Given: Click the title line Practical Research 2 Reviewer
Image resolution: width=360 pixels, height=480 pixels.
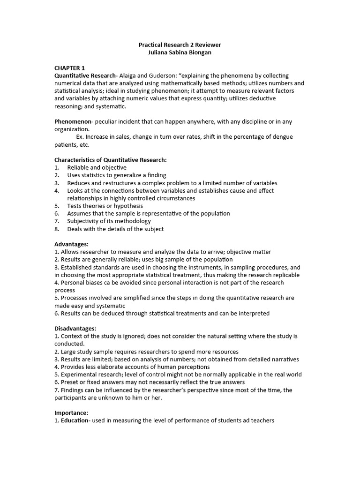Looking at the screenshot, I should (180, 45).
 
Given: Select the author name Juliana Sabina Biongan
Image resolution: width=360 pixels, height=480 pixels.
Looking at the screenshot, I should (180, 52).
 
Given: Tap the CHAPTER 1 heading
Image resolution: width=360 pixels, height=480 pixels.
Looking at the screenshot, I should (70, 68).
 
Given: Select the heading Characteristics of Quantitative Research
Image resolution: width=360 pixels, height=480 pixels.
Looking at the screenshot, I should (110, 160).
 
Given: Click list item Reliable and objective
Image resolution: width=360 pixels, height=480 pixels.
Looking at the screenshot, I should (97, 167).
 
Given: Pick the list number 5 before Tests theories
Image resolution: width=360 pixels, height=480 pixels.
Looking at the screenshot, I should (56, 206).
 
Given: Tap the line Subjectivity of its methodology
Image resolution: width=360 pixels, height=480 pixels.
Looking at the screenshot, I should (109, 221).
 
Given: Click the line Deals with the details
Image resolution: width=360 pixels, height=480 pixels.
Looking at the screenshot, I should (115, 229).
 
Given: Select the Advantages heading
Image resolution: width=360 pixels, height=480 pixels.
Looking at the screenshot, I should (71, 244).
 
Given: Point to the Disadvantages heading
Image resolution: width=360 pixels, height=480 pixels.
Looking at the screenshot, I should (75, 329).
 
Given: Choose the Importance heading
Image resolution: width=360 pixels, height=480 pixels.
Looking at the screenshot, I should (71, 413).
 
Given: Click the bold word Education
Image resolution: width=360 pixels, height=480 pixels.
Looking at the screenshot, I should (74, 420).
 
